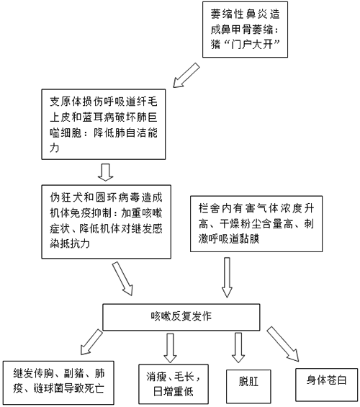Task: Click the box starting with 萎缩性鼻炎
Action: click(x=245, y=30)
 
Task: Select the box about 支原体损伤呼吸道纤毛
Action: click(x=104, y=124)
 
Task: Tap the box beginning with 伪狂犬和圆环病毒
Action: click(x=106, y=222)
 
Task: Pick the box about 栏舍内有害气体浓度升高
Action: click(x=256, y=224)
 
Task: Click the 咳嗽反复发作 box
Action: click(x=181, y=317)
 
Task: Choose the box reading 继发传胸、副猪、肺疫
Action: click(x=58, y=383)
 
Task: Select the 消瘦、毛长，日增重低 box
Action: click(x=174, y=384)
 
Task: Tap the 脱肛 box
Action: click(x=248, y=386)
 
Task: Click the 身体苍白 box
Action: click(x=327, y=385)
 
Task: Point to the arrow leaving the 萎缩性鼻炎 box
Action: click(x=186, y=75)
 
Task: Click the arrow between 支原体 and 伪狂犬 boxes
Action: click(x=106, y=172)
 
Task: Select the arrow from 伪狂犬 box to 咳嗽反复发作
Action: click(x=122, y=279)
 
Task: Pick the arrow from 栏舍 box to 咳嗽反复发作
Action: click(x=227, y=277)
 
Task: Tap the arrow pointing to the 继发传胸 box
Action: click(x=91, y=342)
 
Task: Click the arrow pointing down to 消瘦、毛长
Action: click(x=170, y=348)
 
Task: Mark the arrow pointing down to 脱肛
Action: click(x=238, y=348)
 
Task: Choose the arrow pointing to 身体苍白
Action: click(x=283, y=344)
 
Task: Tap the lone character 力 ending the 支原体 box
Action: click(x=55, y=148)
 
